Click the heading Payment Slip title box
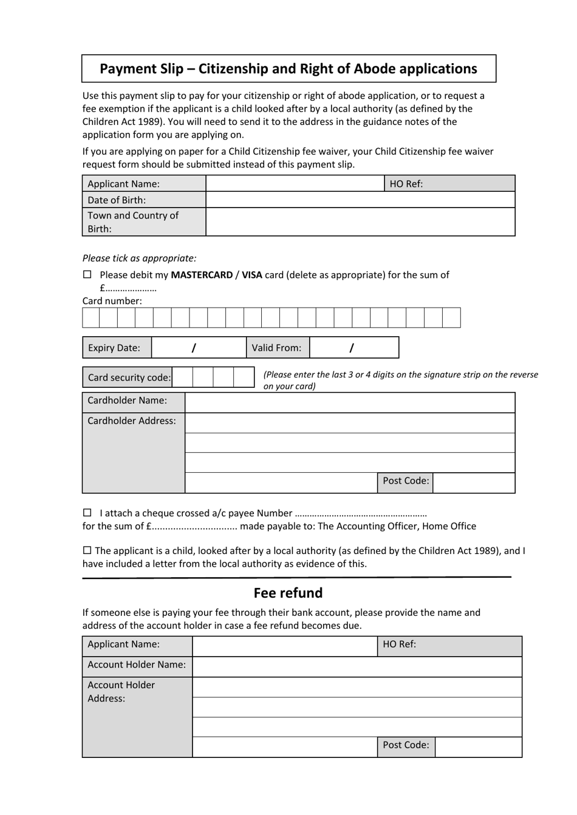point(288,69)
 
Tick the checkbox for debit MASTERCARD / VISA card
point(87,275)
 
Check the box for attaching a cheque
point(87,513)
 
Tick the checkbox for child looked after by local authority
point(87,550)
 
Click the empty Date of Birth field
point(360,200)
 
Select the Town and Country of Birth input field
point(360,222)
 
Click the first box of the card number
point(91,317)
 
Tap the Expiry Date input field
point(198,348)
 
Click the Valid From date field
point(353,348)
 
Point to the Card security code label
point(128,377)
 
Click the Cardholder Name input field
point(349,402)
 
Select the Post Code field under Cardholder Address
point(474,482)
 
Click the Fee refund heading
point(288,593)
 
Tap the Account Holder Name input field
point(357,666)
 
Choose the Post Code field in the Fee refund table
point(478,746)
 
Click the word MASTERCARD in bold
point(202,275)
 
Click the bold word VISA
point(252,275)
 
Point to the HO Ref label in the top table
point(406,184)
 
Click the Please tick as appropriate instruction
point(140,258)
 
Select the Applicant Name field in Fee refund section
point(284,646)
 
